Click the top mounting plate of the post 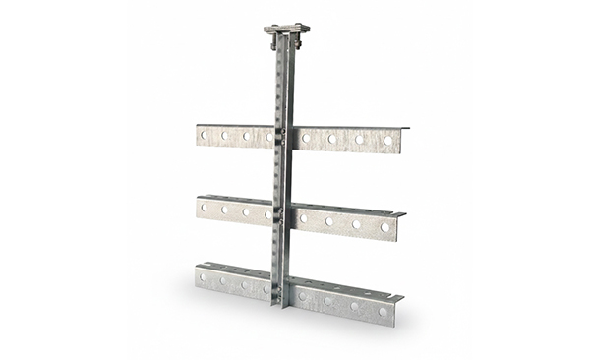coord(286,28)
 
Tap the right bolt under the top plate coord(297,42)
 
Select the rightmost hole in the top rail coord(388,141)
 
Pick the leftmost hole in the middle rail coord(205,208)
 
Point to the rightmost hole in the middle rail coord(384,227)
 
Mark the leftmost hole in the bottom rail coord(204,278)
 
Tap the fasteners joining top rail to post coord(282,137)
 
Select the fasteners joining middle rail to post coord(281,212)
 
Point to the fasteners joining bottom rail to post coord(280,288)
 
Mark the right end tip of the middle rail coord(404,213)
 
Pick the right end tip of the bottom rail coord(401,297)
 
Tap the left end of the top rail coord(198,136)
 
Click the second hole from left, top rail coord(224,136)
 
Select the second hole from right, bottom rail coord(355,306)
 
